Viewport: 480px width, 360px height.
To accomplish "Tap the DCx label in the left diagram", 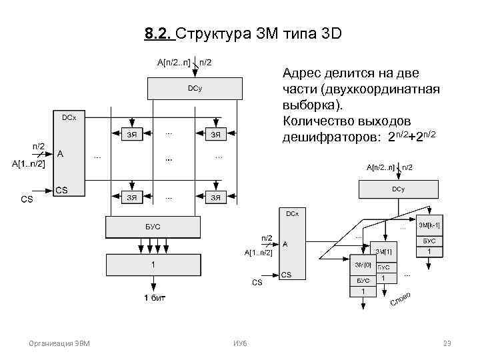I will coord(69,118).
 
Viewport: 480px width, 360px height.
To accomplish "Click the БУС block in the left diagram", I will coord(153,227).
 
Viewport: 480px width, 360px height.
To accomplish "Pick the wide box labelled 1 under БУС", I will coord(153,265).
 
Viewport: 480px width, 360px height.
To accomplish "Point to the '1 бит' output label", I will coord(151,297).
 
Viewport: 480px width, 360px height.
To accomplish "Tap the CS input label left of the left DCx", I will coord(27,198).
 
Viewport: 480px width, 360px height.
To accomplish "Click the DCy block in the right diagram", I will coord(399,189).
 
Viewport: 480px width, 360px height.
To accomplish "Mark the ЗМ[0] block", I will coord(363,265).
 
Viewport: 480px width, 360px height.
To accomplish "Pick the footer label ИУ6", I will coord(240,343).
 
